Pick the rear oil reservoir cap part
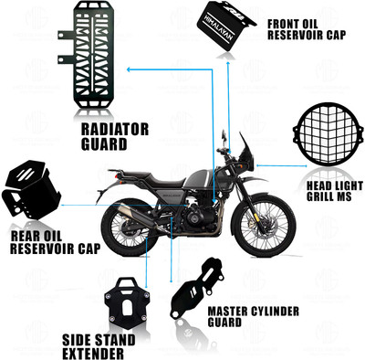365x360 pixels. [x=29, y=189]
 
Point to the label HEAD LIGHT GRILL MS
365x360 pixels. [x=327, y=190]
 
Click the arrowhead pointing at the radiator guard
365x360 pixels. [x=128, y=69]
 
